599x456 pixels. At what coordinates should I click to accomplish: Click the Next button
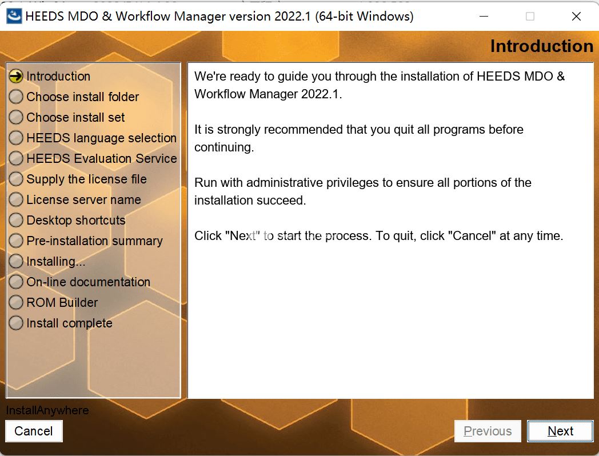coord(560,431)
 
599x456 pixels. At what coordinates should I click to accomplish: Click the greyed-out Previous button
coord(488,431)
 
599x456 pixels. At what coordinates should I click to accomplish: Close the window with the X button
coord(576,17)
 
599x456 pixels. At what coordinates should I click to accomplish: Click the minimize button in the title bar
coord(484,17)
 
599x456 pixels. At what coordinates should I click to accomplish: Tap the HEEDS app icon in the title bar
coord(14,16)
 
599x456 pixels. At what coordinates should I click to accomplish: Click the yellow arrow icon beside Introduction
coord(16,76)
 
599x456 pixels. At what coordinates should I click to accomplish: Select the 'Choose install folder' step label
coord(82,97)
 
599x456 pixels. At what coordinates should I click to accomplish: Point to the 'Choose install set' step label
coord(75,118)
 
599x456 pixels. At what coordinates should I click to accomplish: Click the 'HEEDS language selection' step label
coord(101,138)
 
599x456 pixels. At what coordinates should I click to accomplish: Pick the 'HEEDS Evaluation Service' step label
coord(102,158)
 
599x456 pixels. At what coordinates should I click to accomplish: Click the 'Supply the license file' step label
coord(86,179)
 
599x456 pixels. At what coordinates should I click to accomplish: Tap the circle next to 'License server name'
coord(16,199)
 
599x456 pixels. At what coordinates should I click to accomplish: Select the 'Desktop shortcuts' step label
coord(75,221)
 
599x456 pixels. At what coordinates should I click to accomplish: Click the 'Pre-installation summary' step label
coord(94,241)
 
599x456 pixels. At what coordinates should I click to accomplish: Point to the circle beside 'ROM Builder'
coord(16,302)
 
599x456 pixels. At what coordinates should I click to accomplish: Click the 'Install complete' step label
coord(69,323)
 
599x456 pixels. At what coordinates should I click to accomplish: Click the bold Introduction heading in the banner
coord(542,46)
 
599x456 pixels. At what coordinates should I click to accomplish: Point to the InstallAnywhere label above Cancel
coord(47,410)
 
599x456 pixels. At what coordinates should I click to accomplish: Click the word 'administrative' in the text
coord(287,182)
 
